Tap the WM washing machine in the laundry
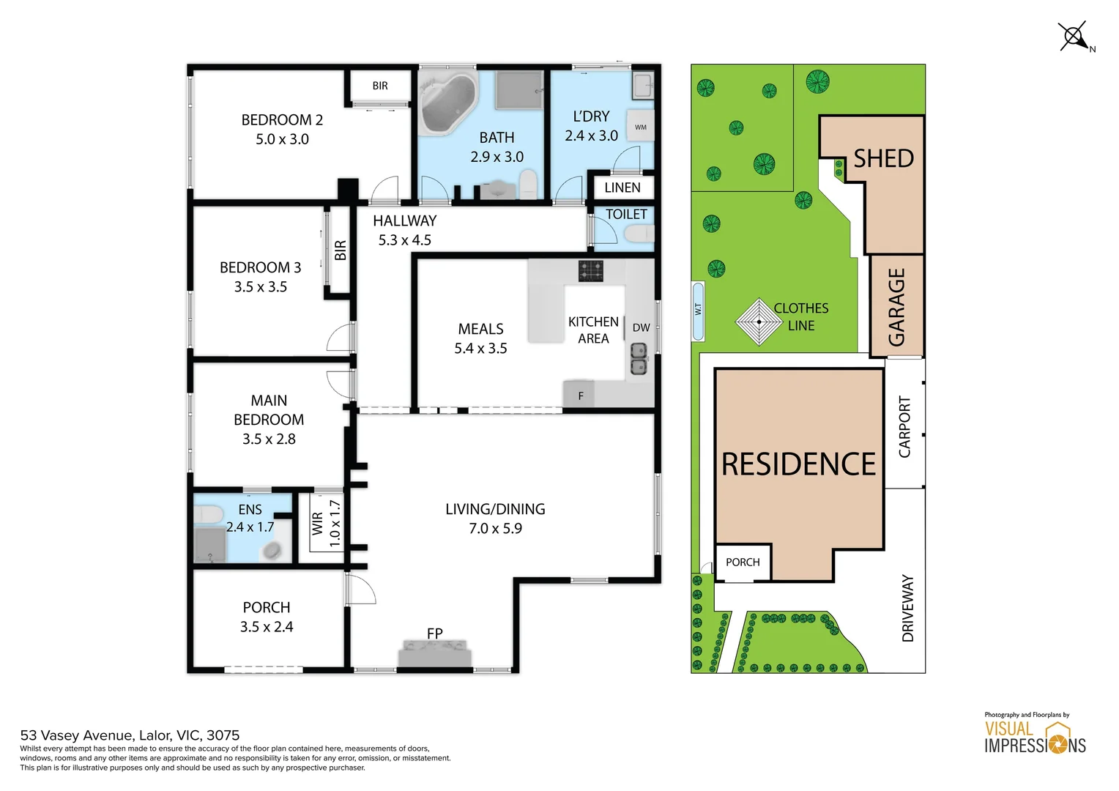[641, 127]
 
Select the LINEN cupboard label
[622, 188]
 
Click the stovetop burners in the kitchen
[590, 271]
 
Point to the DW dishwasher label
[641, 328]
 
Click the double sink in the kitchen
[639, 359]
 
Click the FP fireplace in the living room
[434, 652]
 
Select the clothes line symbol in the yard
[759, 322]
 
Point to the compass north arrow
[1074, 37]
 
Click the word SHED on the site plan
[883, 158]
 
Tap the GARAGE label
[896, 307]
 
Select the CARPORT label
[904, 427]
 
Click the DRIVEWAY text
[907, 608]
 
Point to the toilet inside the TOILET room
[639, 234]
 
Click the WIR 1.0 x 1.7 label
[326, 523]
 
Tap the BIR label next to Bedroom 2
[380, 86]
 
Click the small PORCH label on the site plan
[743, 562]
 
